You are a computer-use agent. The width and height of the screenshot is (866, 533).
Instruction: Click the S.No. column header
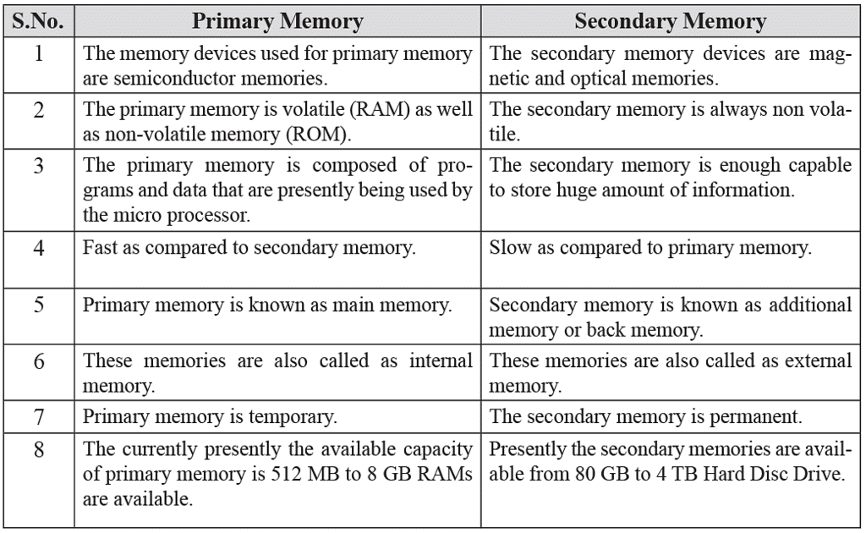point(38,21)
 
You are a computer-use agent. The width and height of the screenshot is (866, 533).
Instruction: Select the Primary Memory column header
point(277,21)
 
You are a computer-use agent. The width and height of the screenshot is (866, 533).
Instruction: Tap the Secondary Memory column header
point(670,21)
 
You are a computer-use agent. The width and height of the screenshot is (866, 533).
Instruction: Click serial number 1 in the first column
point(38,53)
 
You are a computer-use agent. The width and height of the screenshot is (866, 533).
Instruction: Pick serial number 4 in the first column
point(39,248)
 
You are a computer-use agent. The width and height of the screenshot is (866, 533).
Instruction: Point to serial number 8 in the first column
point(39,449)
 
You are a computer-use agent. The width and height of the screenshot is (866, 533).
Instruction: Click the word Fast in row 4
point(100,247)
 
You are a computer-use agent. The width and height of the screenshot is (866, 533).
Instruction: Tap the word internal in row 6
point(441,360)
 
